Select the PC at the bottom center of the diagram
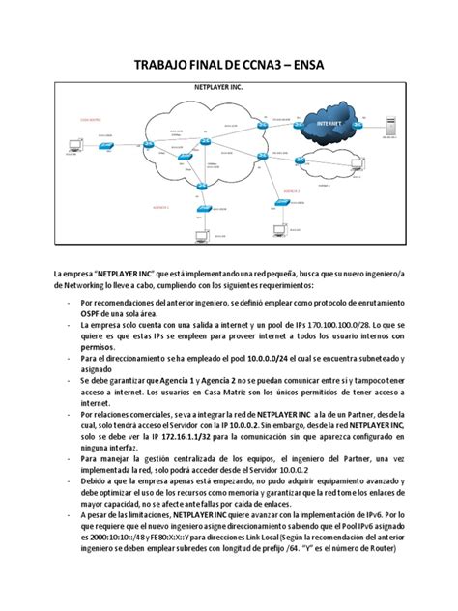coord(200,235)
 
